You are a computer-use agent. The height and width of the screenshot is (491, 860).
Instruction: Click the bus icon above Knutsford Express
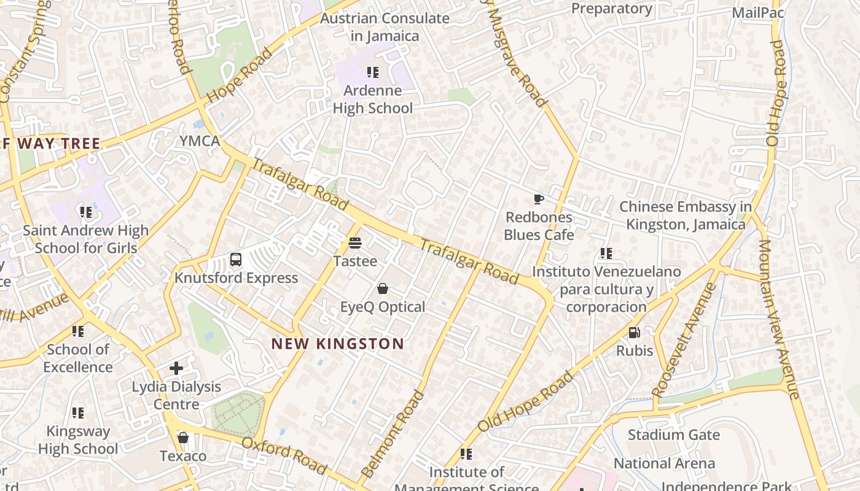(236, 260)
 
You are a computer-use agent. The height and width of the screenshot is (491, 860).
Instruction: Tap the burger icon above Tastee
(354, 243)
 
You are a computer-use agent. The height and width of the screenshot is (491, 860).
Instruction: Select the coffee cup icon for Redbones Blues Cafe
(538, 199)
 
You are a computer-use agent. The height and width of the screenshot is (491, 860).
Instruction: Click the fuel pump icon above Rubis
(634, 333)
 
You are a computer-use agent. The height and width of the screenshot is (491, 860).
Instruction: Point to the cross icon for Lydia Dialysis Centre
(176, 368)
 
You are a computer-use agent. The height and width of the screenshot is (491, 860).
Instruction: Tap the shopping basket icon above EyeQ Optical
(383, 288)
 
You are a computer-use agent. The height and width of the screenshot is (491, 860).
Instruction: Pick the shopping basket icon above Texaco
(182, 438)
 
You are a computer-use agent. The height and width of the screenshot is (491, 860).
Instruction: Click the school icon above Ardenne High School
(372, 72)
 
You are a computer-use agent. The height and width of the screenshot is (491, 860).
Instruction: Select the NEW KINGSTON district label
(338, 344)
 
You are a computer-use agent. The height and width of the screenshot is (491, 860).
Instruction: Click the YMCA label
(200, 141)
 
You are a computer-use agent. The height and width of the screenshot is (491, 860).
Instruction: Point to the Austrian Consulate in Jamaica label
(385, 27)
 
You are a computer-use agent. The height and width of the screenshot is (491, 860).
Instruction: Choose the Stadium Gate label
(673, 435)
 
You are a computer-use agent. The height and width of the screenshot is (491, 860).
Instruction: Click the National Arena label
(664, 463)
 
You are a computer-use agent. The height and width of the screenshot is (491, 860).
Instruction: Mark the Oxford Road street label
(284, 455)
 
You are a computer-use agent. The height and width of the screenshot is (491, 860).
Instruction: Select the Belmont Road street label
(393, 433)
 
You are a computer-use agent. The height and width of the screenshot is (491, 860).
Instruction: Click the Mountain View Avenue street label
(779, 319)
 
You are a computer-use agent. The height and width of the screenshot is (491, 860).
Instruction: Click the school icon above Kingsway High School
(77, 412)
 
